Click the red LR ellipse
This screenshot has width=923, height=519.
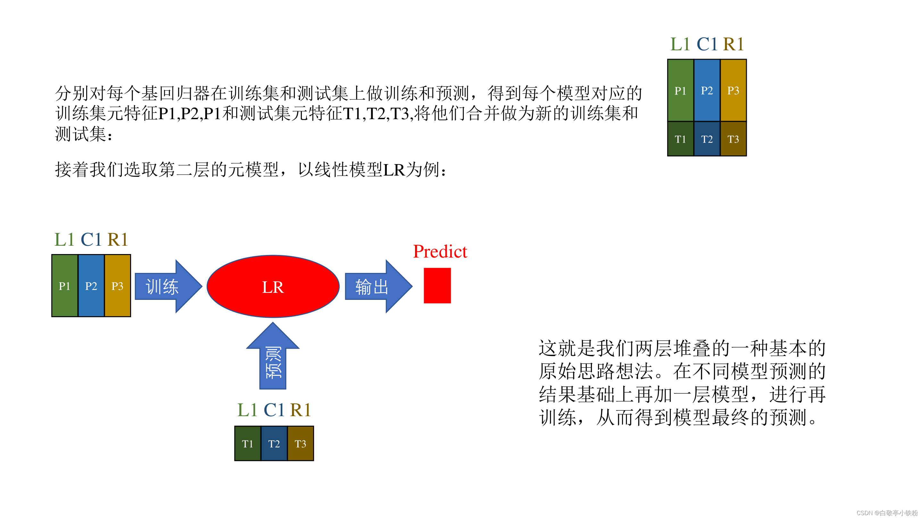coord(273,286)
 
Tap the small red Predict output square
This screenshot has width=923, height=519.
coord(437,285)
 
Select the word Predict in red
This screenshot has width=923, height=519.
coord(440,251)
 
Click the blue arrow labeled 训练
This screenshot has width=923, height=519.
coord(167,286)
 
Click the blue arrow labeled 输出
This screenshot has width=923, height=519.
coord(377,286)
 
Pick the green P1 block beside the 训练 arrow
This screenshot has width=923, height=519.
coord(64,286)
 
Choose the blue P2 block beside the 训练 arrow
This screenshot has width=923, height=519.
coord(91,286)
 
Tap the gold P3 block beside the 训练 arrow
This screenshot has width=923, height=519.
coord(118,286)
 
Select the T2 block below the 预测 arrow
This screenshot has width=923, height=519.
coord(274,443)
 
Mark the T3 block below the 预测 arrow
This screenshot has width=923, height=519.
coord(300,443)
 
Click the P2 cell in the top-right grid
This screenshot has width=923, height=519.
coord(707,90)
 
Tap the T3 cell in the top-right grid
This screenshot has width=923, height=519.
coord(733,139)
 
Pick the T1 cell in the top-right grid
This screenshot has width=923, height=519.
coord(680,139)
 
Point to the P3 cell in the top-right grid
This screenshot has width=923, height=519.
coord(733,90)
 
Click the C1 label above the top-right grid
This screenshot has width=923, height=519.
coord(707,45)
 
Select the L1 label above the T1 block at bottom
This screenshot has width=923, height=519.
coord(247,410)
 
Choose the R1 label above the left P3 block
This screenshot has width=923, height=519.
coord(118,240)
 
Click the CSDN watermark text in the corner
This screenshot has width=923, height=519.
coord(887,513)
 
